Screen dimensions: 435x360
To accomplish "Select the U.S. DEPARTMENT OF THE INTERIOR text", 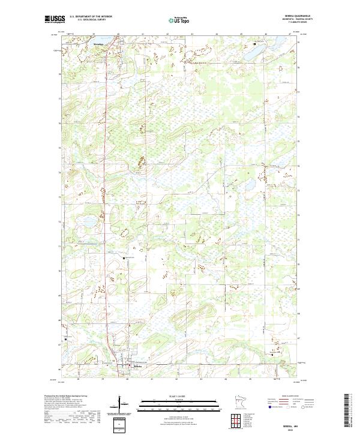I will click(x=91, y=17).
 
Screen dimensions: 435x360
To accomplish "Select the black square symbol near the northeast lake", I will click(x=254, y=44).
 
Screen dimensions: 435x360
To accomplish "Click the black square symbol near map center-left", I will click(x=125, y=258).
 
